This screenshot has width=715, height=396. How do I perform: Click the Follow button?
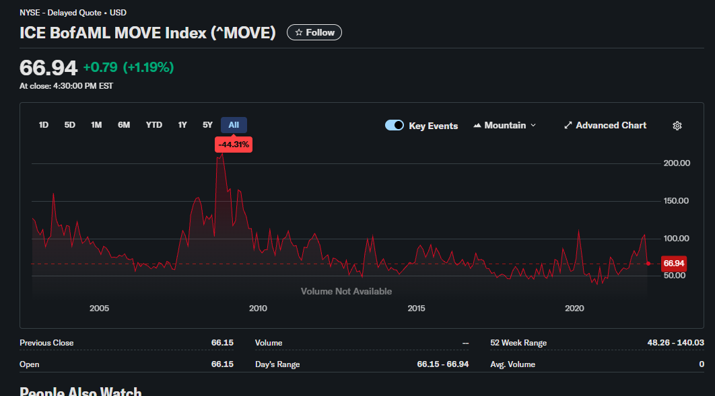coord(314,32)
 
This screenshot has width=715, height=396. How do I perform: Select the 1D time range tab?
coord(44,125)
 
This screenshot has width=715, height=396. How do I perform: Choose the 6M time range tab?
coord(124,125)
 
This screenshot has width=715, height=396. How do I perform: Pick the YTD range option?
coord(154,125)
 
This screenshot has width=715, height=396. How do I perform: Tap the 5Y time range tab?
coord(207,125)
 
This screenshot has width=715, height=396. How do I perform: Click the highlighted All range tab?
coord(234,125)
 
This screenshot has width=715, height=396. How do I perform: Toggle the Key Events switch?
coord(395,126)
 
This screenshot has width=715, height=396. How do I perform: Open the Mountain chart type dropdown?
coord(505,126)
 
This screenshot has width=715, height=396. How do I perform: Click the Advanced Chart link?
coord(605,126)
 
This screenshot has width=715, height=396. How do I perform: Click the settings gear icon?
coord(677,126)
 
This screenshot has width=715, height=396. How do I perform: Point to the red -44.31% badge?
coord(234,145)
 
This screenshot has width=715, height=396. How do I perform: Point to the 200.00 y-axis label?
coord(677,163)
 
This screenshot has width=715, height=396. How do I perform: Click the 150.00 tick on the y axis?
coord(677,201)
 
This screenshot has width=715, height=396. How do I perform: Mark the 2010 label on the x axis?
coord(258,309)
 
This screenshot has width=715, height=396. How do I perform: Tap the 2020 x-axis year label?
coord(574,309)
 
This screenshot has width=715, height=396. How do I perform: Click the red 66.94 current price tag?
coord(673,263)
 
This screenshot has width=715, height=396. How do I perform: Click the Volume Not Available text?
coord(346,291)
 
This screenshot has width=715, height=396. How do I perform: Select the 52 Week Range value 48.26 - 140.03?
coord(675,343)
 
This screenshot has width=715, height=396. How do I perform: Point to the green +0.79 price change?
coord(100,67)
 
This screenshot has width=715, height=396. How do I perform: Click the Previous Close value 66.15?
coord(222,343)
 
